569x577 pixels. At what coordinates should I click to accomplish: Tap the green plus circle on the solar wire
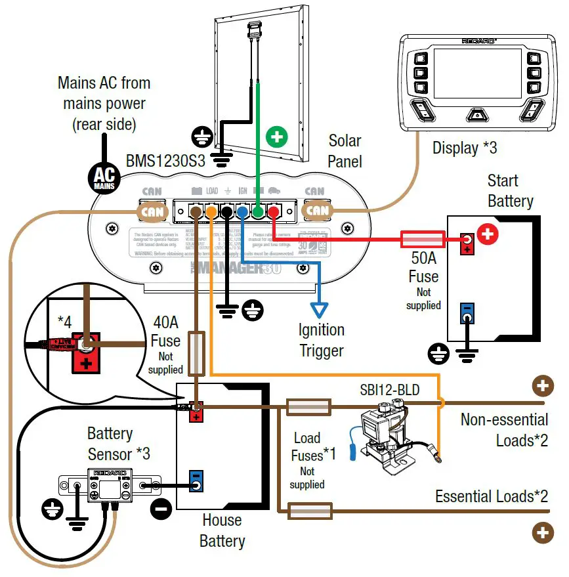tap(277, 137)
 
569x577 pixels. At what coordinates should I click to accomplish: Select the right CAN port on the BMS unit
tap(317, 211)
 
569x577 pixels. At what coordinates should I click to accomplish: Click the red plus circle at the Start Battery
tap(488, 234)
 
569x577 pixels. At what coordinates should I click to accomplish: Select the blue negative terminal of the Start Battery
tap(467, 314)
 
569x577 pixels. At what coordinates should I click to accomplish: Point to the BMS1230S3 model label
tap(166, 160)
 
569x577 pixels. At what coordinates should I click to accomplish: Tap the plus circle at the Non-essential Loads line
tap(542, 386)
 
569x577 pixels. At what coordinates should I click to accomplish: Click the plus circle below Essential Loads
tap(542, 532)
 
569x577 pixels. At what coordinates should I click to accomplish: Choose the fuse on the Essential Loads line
tap(309, 509)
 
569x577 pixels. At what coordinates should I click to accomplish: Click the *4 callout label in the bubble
tap(64, 322)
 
